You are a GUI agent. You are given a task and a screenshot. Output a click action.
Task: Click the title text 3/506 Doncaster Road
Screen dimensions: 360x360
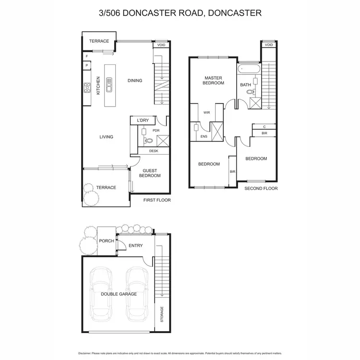coord(180,13)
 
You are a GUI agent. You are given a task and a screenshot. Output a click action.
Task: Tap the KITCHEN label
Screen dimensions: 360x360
coord(98,85)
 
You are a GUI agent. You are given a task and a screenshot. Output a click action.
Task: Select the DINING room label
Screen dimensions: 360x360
coord(135,81)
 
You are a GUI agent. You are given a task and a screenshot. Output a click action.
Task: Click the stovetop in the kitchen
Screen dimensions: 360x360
coord(88,87)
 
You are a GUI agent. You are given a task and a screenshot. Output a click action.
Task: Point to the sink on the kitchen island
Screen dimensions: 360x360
coord(109,87)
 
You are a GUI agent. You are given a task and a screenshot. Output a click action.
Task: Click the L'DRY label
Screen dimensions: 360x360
coord(143,120)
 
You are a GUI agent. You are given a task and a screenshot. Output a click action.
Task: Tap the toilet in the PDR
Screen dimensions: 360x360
coord(148,141)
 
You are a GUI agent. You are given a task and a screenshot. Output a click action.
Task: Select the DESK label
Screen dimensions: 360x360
coord(154,151)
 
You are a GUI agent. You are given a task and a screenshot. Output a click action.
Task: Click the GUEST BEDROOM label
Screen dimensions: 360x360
coord(150,173)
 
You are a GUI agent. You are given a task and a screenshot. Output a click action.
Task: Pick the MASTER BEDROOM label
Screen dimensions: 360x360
coord(214,80)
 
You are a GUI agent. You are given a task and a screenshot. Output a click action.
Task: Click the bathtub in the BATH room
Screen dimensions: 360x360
coord(249,70)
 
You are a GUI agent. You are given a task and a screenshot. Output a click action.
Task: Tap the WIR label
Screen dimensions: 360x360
coord(207,113)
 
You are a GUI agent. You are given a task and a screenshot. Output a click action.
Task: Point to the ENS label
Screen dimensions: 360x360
coord(204,136)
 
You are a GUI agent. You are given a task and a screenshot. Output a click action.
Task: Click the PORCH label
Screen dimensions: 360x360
coord(106,241)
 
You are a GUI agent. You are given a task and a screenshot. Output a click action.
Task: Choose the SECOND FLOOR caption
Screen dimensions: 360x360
coord(261,189)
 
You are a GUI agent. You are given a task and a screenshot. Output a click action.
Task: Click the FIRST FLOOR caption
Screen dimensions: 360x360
coord(157,200)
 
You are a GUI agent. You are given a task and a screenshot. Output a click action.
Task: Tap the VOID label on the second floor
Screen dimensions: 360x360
coord(269,45)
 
